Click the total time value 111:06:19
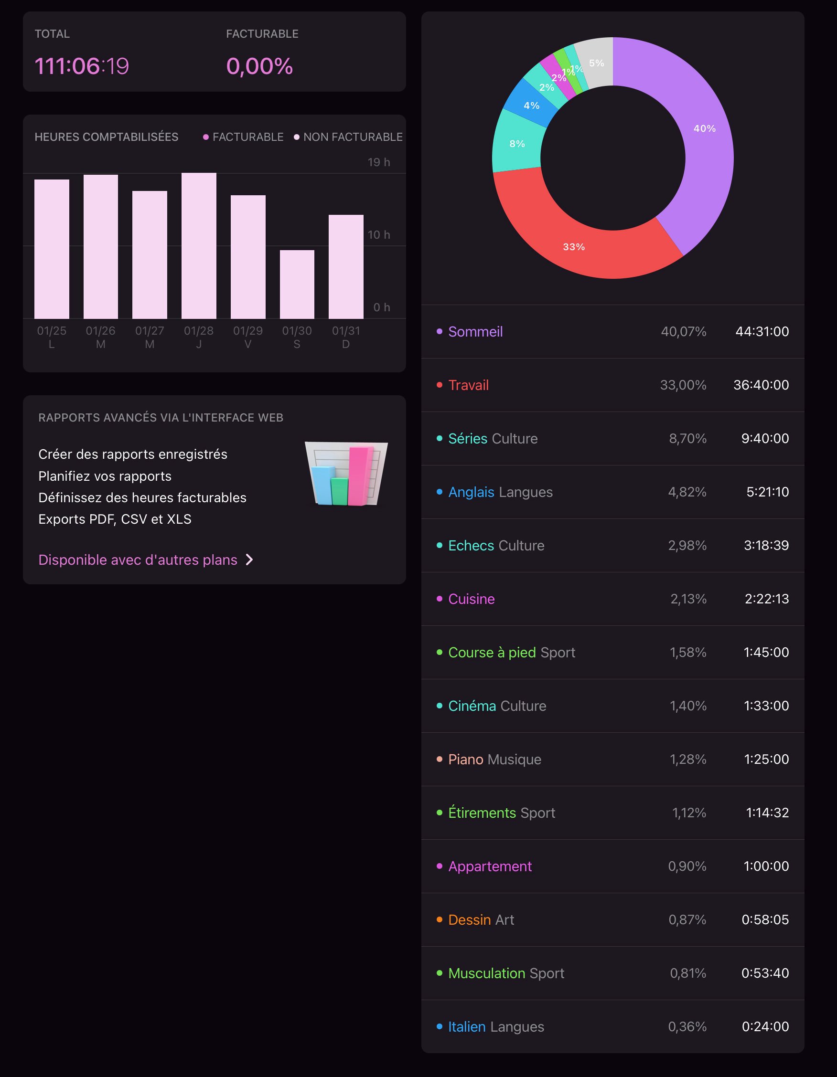(82, 66)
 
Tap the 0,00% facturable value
(259, 66)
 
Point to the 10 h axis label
(378, 235)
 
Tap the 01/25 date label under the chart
(51, 331)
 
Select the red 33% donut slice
(574, 246)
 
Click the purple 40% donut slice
(704, 129)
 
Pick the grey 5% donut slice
(596, 63)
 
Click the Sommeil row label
(475, 332)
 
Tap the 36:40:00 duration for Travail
(761, 385)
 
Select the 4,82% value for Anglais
(687, 492)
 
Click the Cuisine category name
(471, 599)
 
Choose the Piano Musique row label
(494, 760)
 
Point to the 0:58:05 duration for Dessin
(764, 919)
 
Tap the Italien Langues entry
(495, 1027)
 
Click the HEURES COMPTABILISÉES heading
(106, 137)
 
